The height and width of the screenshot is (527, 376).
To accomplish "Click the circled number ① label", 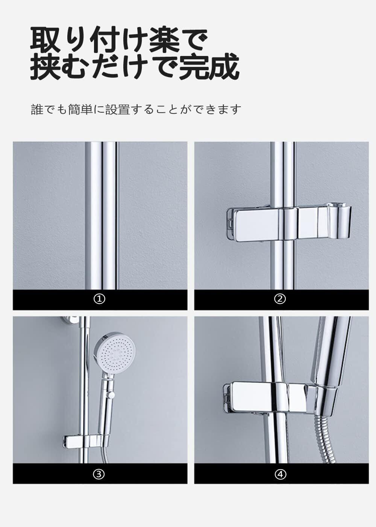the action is coord(99,299).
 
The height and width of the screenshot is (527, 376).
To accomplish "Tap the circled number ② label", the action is coord(280,299).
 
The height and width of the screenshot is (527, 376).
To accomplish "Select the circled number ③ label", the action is coord(99,474).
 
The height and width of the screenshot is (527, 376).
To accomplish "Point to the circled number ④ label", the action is coord(280,474).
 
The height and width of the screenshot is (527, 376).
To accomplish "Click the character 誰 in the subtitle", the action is coord(37,109).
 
